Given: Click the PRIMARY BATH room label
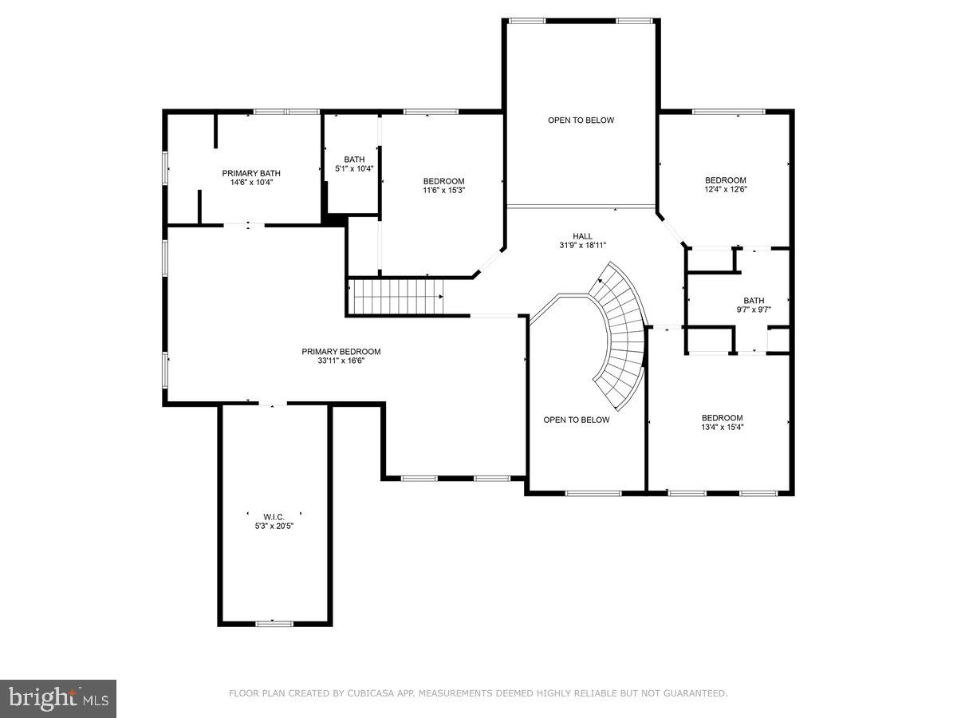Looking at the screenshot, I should pos(251,173).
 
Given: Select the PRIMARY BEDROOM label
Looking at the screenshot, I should pos(341,352).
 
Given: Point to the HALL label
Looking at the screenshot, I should pos(582,236).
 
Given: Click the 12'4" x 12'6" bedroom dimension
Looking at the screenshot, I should pos(726,190).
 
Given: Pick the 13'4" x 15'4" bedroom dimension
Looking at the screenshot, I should pos(723,427).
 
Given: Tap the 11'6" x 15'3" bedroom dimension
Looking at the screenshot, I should pos(443,190).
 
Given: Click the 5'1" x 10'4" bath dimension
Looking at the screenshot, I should pos(354,168).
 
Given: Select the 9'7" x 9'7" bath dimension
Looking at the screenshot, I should pos(754,310).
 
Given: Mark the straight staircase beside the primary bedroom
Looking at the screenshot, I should pos(397,297).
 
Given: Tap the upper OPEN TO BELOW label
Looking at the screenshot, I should pos(581,120).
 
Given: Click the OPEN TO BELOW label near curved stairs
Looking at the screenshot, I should pos(577,420).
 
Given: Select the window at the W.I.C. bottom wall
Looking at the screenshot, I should pos(274,623).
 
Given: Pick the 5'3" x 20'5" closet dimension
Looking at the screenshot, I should pos(275,526).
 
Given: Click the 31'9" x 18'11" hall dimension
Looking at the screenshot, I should pos(582,246).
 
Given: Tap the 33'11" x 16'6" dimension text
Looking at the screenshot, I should pos(341,361).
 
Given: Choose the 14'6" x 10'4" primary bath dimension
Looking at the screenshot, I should pos(251,182).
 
